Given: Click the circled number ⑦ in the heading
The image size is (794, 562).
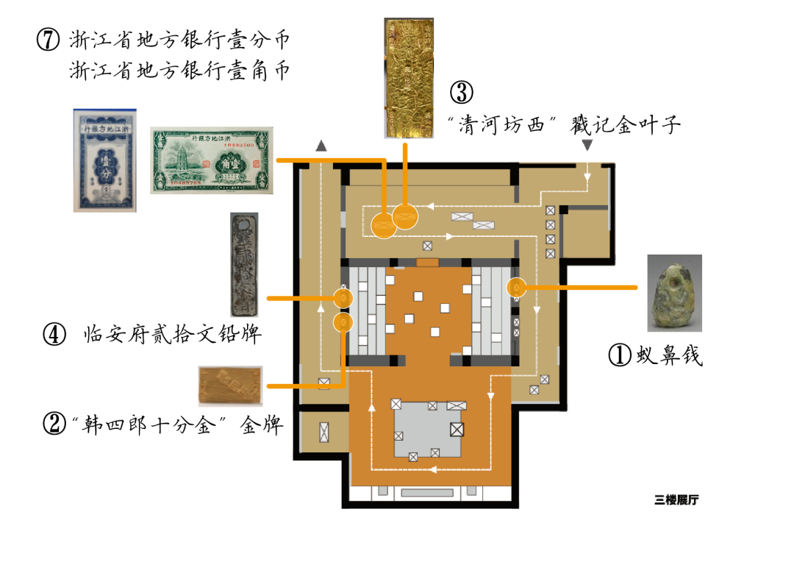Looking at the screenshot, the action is click(x=48, y=41).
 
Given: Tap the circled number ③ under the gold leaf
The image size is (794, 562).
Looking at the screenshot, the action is click(x=461, y=93).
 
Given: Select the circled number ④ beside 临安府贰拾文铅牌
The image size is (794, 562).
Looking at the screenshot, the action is click(x=56, y=335).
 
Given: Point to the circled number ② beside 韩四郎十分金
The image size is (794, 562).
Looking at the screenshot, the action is click(x=55, y=424).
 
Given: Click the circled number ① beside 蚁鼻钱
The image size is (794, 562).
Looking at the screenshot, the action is click(x=620, y=355).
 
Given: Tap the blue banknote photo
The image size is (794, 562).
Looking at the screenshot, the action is click(x=104, y=160).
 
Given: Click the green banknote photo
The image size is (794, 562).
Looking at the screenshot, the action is click(x=212, y=160).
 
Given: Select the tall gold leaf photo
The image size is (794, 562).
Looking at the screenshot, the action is click(x=409, y=78).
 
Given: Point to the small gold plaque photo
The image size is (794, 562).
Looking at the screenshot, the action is click(x=230, y=385).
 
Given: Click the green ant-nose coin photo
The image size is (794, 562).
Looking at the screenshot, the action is click(x=674, y=293).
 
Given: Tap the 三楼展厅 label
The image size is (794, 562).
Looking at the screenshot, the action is click(x=676, y=500).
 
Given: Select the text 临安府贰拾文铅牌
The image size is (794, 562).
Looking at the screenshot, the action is click(x=173, y=335).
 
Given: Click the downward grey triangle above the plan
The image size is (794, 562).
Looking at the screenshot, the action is click(x=587, y=146).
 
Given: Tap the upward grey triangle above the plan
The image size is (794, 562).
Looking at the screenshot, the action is click(x=321, y=146).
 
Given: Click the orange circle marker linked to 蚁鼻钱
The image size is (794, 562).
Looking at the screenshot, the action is click(x=516, y=287).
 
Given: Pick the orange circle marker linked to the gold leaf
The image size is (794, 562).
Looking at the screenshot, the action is click(x=405, y=216).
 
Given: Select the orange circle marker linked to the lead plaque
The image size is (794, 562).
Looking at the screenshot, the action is click(x=343, y=298).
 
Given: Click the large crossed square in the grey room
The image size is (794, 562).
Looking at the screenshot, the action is click(x=457, y=428).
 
